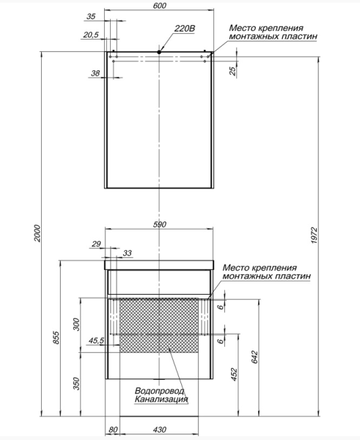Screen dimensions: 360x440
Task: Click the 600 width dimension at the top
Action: click(160, 6)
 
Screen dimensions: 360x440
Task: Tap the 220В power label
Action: click(185, 29)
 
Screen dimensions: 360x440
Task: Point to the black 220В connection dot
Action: click(159, 52)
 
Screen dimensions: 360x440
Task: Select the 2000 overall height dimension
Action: click(37, 233)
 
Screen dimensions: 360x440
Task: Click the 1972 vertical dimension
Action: click(315, 235)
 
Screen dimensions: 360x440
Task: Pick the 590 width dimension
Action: click(160, 224)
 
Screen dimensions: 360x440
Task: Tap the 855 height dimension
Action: click(56, 338)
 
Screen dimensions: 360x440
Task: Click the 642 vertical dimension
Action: click(254, 357)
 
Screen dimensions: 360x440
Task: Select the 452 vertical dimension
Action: click(234, 375)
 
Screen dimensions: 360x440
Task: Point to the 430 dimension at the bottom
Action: click(160, 429)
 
